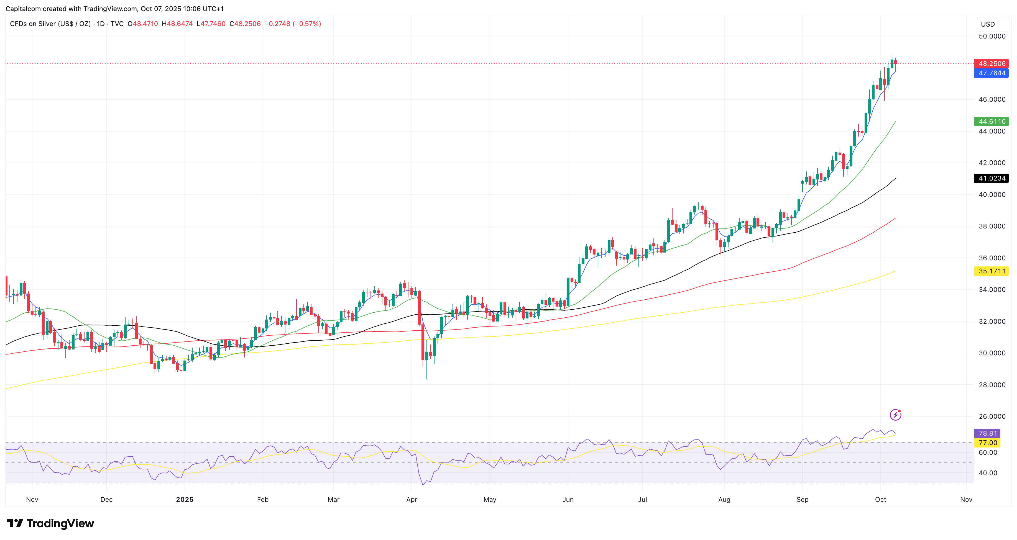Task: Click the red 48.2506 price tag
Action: point(991,63)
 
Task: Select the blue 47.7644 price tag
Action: point(991,73)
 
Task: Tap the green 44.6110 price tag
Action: point(991,122)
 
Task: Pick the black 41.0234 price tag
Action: point(991,178)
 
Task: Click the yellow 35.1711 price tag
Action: point(991,271)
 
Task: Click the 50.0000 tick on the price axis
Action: point(992,36)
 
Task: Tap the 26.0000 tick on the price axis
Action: point(992,416)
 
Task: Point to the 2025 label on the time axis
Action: point(184,499)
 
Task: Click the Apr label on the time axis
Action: point(412,499)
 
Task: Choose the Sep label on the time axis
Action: point(802,499)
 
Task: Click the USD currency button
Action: point(988,24)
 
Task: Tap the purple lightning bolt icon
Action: point(895,415)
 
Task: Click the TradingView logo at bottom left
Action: point(50,523)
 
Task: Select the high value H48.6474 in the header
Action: point(177,24)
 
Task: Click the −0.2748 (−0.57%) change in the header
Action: point(293,24)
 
